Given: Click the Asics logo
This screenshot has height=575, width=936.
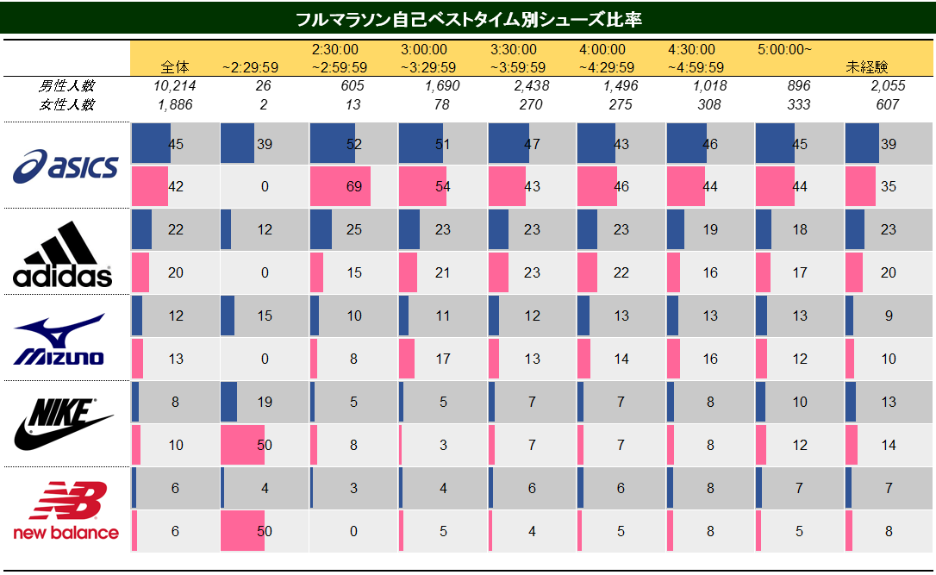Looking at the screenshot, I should click(x=66, y=166).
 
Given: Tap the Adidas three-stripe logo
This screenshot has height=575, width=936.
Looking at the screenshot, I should click(x=63, y=253).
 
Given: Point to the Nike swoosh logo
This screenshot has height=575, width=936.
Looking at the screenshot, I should click(x=64, y=424).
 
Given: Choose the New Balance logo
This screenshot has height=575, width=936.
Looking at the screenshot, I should click(x=66, y=510).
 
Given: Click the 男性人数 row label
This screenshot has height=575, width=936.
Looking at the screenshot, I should click(x=66, y=86).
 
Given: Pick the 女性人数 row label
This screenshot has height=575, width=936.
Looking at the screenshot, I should click(x=66, y=104).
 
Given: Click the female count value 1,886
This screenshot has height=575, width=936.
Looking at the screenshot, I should click(x=175, y=104).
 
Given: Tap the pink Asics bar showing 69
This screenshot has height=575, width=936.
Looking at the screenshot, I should click(x=340, y=186).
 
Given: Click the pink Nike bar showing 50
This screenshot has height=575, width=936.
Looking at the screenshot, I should click(x=242, y=445).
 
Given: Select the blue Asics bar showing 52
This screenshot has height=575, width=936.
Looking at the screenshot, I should click(x=333, y=144).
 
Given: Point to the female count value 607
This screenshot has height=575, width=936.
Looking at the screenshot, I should click(x=888, y=104).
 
